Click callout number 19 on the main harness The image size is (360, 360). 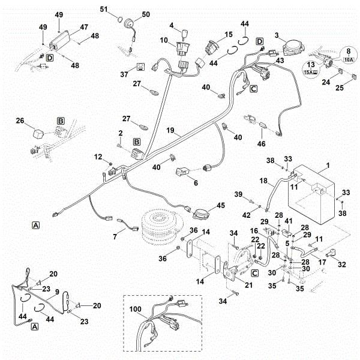(171, 130)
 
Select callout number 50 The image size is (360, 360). (146, 14)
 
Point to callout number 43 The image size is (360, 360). (279, 60)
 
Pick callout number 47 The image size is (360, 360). (84, 27)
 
